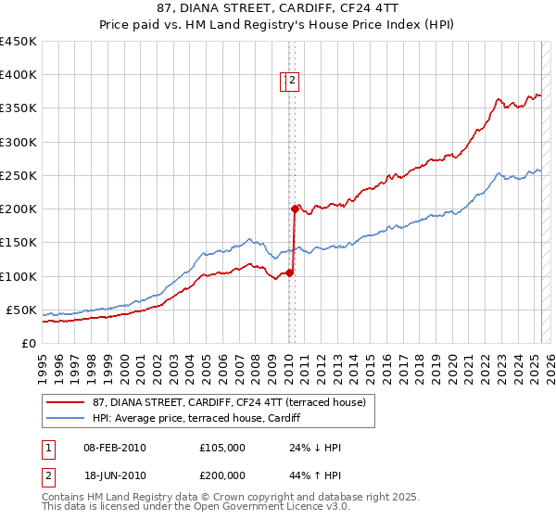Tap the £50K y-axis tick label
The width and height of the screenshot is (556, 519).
pyautogui.click(x=21, y=310)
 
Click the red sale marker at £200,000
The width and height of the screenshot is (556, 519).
pyautogui.click(x=294, y=209)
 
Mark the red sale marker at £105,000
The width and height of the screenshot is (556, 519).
pyautogui.click(x=289, y=272)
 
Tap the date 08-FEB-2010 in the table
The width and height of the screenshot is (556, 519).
pyautogui.click(x=115, y=448)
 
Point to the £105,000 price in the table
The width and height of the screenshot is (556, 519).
pyautogui.click(x=222, y=448)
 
